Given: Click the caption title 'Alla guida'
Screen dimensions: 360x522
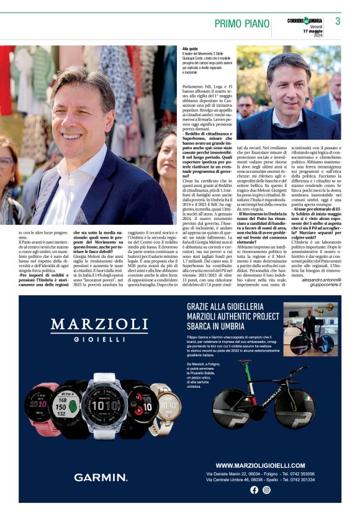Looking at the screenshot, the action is pos(190,48).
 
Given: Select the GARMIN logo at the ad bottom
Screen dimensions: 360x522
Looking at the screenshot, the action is pos(101,477).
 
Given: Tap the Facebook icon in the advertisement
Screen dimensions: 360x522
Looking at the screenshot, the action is pos(254,490).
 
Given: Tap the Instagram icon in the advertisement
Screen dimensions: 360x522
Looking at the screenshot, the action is pos(266,490).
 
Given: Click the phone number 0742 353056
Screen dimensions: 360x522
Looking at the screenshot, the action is pos(298,474).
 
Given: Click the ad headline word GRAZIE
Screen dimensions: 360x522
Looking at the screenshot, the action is pos(204,306).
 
